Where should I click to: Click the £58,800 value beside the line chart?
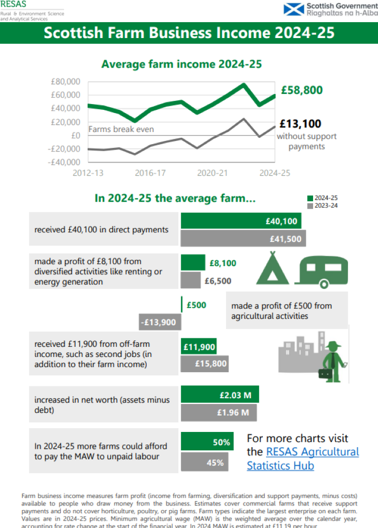(x=301, y=90)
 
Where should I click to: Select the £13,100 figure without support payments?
(x=300, y=124)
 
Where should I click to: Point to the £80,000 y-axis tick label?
(x=65, y=81)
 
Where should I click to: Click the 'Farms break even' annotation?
(x=121, y=129)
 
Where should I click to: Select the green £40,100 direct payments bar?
(x=241, y=221)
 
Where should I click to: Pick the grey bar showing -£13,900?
(x=158, y=322)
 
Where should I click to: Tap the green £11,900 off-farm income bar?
(x=199, y=347)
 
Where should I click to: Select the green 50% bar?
(x=207, y=442)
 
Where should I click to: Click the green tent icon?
(x=272, y=269)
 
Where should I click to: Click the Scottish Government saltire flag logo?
(x=294, y=9)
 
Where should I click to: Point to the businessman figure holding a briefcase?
(x=334, y=361)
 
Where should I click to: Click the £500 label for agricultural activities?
(x=196, y=305)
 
